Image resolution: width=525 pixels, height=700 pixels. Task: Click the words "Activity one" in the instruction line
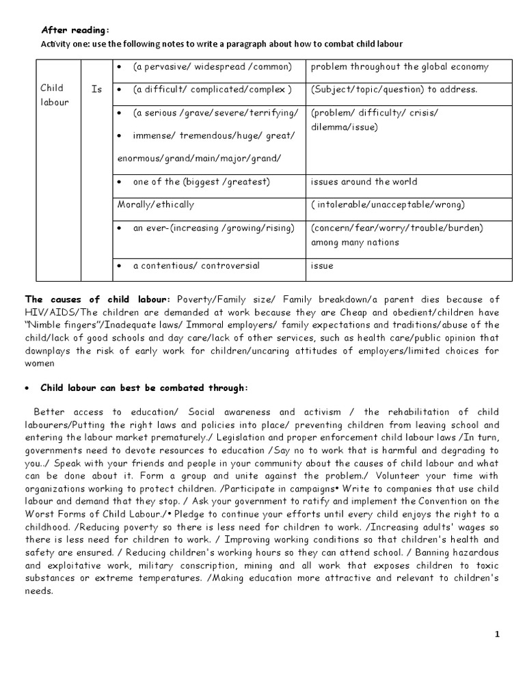click(x=68, y=44)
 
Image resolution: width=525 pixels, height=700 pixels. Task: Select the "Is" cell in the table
click(x=96, y=88)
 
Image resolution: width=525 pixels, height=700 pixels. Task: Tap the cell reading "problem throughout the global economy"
click(x=399, y=66)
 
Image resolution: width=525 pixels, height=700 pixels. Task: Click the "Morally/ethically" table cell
click(x=156, y=204)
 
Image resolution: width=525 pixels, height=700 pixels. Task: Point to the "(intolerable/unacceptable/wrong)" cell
click(x=388, y=204)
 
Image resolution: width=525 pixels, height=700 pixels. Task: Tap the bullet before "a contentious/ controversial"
click(x=120, y=266)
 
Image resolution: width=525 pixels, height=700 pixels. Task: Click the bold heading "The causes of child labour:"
click(x=97, y=299)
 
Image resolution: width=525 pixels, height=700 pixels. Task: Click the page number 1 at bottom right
click(x=497, y=634)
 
